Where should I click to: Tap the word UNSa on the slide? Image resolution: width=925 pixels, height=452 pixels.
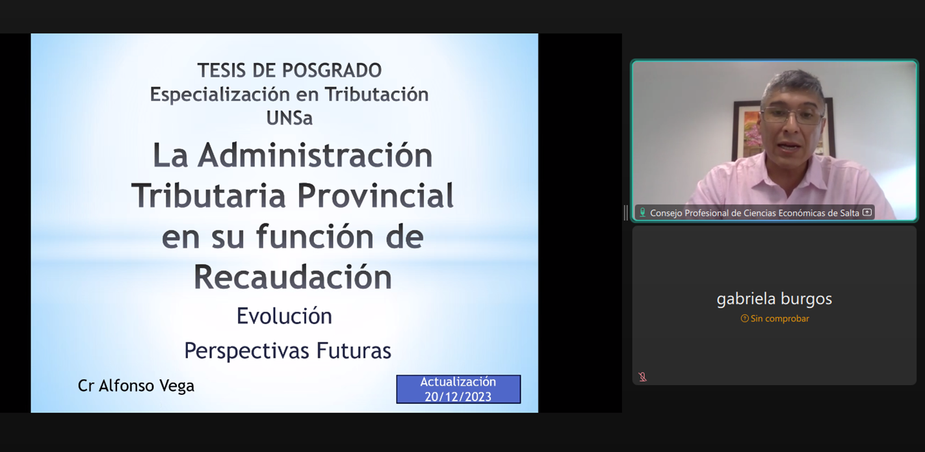coord(289,118)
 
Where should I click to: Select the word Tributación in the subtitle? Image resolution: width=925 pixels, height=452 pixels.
coord(376,94)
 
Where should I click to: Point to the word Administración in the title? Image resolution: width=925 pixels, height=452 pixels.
coord(315,155)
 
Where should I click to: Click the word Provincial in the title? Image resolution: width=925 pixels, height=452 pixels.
coord(375,196)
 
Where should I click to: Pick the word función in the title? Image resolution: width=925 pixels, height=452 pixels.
coord(315,236)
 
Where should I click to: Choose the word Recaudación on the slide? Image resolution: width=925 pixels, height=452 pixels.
coord(293,277)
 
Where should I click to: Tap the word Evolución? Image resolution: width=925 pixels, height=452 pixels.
coord(284,316)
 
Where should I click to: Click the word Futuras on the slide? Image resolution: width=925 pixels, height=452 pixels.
coord(354,351)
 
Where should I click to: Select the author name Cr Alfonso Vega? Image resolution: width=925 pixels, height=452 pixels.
coord(136,386)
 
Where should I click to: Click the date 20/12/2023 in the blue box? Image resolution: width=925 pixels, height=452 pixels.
coord(458,397)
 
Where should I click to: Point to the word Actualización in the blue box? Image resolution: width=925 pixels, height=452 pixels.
coord(458,382)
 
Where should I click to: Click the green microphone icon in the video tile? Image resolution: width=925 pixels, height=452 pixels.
coord(642,212)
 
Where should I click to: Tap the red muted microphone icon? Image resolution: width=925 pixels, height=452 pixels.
coord(642,377)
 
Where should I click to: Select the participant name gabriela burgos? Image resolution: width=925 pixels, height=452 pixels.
coord(774,299)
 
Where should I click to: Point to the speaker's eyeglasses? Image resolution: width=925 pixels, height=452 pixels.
coord(791,115)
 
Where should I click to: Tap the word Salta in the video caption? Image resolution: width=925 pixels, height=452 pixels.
coord(850,213)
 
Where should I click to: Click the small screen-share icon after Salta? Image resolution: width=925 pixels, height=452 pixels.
coord(867,212)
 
